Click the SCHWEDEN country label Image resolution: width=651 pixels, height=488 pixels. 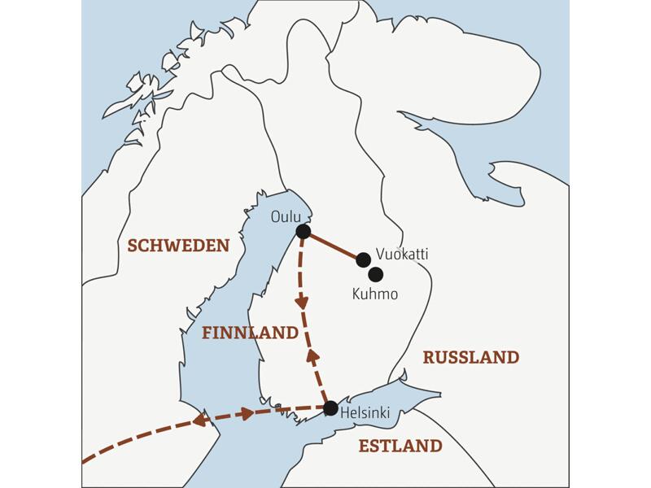[178, 246]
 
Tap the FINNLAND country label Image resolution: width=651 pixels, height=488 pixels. [250, 333]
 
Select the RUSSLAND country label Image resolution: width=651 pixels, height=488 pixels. [470, 357]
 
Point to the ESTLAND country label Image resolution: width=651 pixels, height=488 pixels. [400, 446]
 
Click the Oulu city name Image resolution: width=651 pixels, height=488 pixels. [286, 216]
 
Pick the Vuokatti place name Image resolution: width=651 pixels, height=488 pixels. [402, 255]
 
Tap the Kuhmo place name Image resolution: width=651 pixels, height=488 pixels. [374, 294]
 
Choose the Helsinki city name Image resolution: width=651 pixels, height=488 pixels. [365, 414]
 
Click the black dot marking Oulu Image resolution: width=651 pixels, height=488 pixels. [304, 232]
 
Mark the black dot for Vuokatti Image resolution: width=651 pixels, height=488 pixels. [364, 259]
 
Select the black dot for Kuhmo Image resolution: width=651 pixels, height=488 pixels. [375, 274]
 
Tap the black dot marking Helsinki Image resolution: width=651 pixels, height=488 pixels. [330, 407]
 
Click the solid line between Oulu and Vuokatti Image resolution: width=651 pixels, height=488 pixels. [334, 246]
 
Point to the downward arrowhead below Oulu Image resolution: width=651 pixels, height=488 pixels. [302, 302]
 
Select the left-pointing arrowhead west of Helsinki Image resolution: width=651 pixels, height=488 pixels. [198, 420]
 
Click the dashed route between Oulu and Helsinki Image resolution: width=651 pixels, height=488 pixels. [306, 325]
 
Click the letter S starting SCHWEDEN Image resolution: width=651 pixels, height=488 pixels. [132, 246]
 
